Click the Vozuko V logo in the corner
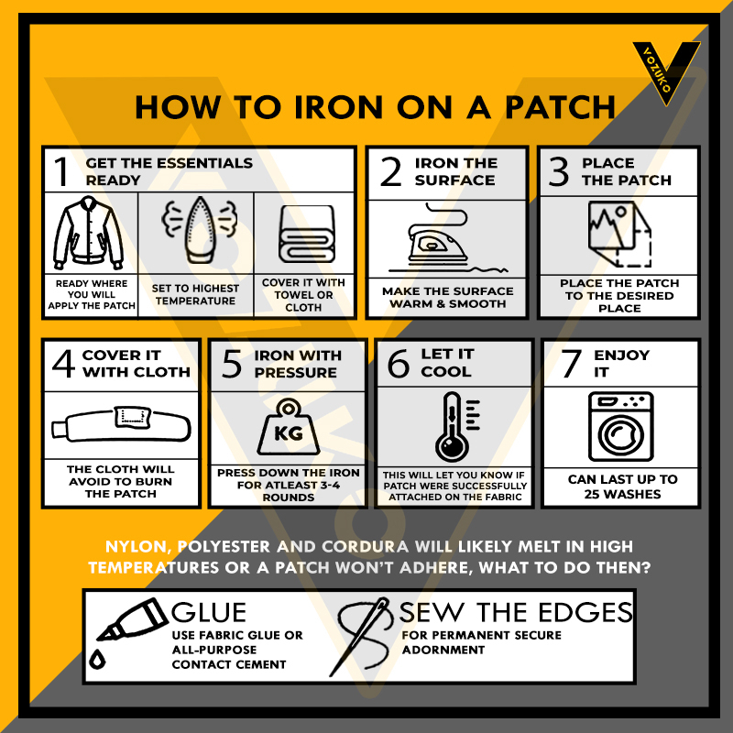pyautogui.click(x=666, y=71)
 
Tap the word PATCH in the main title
pyautogui.click(x=560, y=107)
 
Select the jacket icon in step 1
pyautogui.click(x=88, y=233)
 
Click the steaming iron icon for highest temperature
pyautogui.click(x=200, y=230)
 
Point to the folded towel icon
pyautogui.click(x=307, y=234)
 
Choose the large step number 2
pyautogui.click(x=391, y=171)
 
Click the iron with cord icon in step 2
pyautogui.click(x=447, y=238)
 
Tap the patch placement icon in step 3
pyautogui.click(x=619, y=234)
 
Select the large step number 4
pyautogui.click(x=63, y=363)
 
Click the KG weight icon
pyautogui.click(x=289, y=427)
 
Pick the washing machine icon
pyautogui.click(x=621, y=427)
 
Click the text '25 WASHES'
pyautogui.click(x=622, y=494)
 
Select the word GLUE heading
pyautogui.click(x=209, y=612)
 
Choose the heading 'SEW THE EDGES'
pyautogui.click(x=516, y=612)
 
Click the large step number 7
pyautogui.click(x=571, y=363)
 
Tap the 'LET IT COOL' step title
pyautogui.click(x=447, y=363)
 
